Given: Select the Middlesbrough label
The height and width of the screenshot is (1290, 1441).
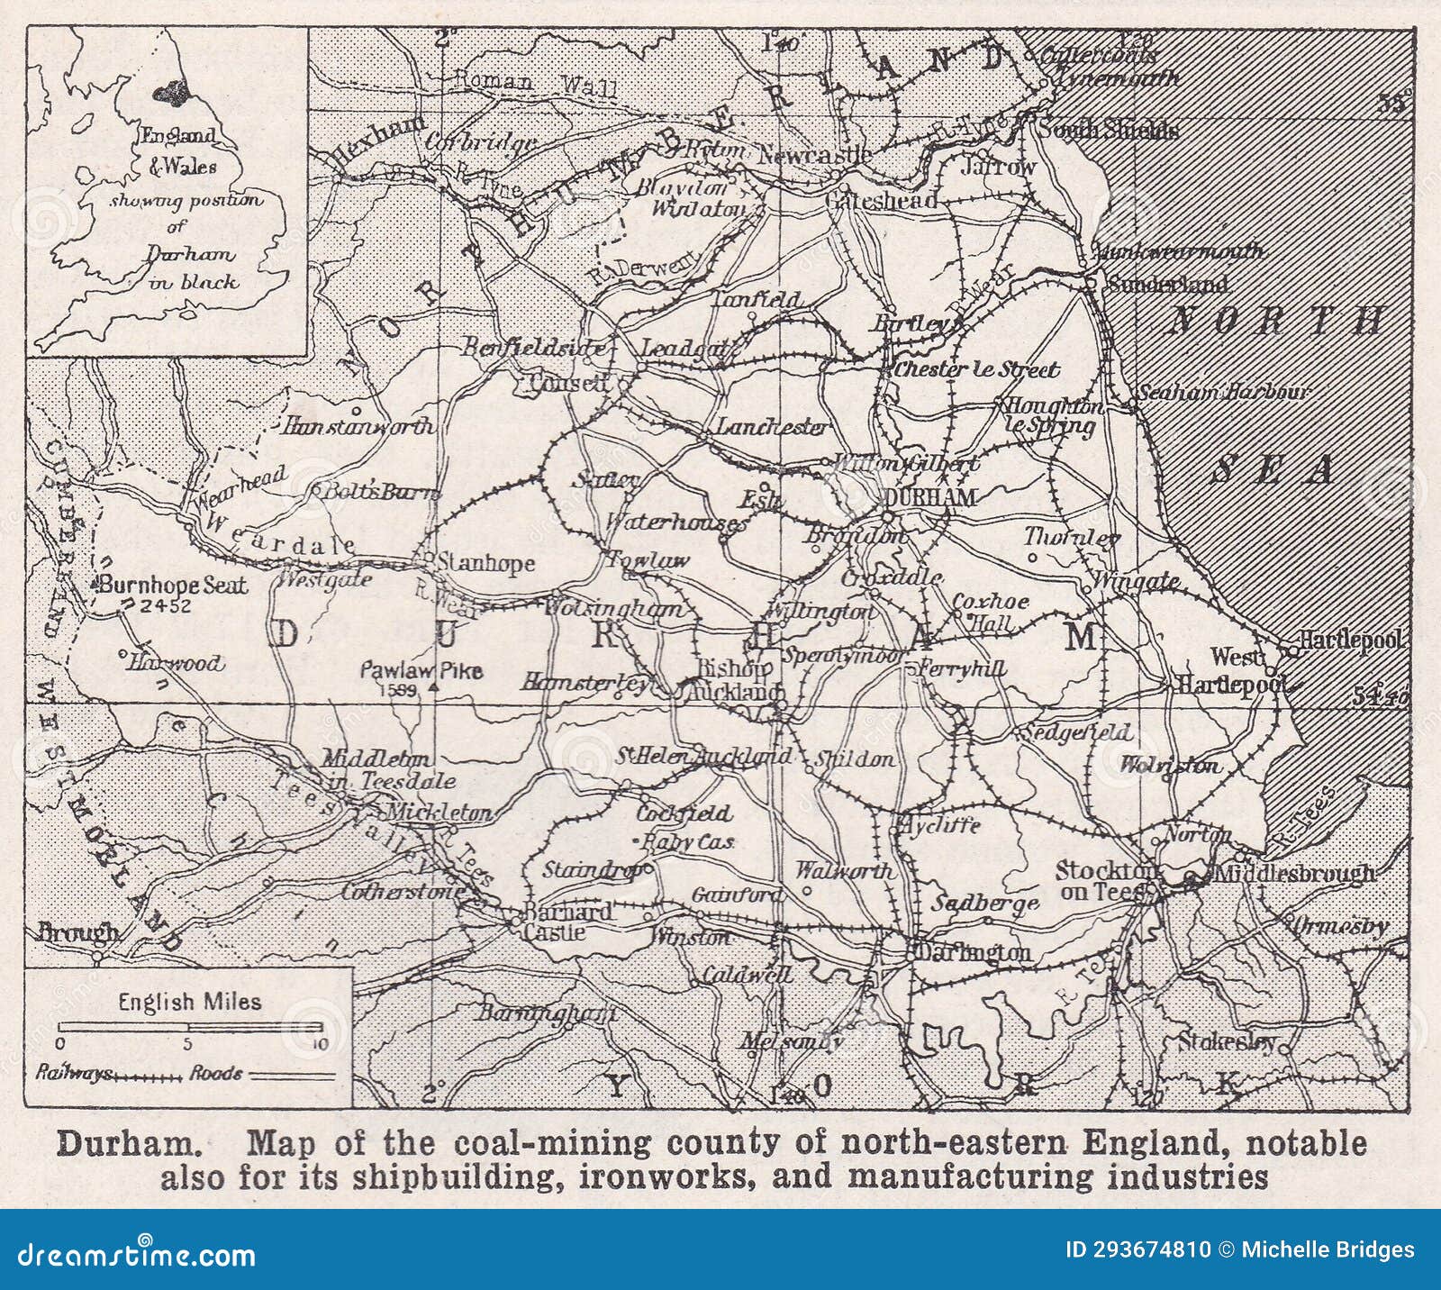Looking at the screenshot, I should (x=1294, y=874).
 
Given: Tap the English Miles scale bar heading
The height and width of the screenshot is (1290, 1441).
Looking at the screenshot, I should (x=189, y=1001).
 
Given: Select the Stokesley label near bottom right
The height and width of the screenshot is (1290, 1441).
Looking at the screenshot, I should (x=1227, y=1043).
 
